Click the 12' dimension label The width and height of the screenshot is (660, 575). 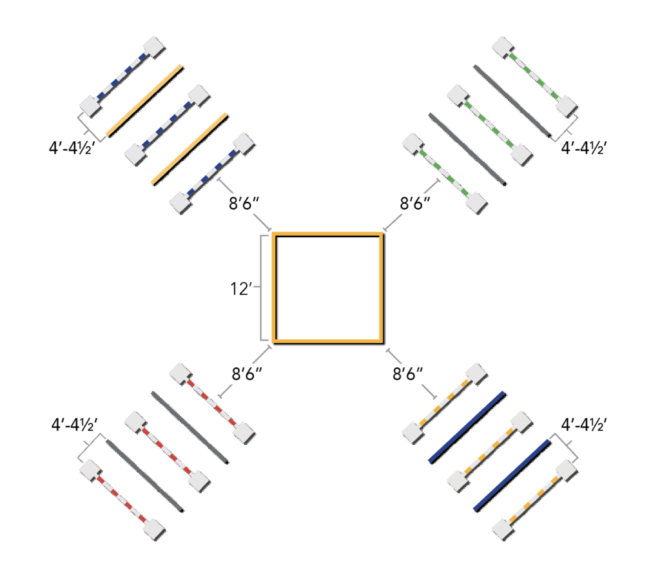click(x=241, y=289)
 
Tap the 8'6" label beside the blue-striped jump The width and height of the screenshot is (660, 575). click(x=244, y=203)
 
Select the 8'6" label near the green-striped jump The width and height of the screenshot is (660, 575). click(x=415, y=203)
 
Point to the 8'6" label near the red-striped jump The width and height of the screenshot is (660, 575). click(x=247, y=373)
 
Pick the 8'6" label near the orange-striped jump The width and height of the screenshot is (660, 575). click(x=407, y=373)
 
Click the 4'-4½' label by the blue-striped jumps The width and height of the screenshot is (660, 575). click(x=72, y=148)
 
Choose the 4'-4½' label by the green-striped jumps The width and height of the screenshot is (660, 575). click(x=584, y=148)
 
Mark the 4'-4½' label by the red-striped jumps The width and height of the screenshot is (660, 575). click(x=75, y=425)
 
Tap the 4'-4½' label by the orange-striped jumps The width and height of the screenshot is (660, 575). click(x=584, y=425)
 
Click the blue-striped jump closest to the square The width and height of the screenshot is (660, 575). click(x=213, y=173)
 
